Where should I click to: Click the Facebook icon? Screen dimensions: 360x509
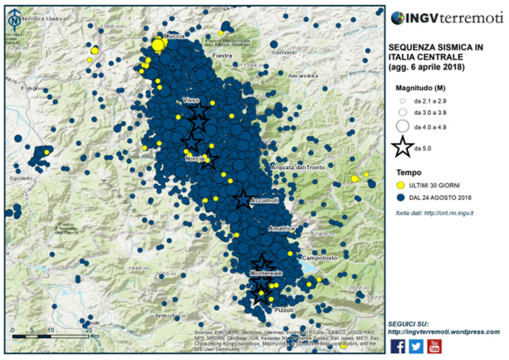tap(398, 345)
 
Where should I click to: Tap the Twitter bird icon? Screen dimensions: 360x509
tap(416, 345)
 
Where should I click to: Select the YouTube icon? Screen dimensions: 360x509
tap(434, 345)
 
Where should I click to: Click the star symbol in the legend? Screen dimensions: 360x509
tap(401, 148)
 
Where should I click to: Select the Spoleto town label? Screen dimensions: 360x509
tap(23, 177)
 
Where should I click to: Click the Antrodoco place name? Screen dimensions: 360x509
tap(167, 315)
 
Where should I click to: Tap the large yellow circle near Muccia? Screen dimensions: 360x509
tap(158, 46)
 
